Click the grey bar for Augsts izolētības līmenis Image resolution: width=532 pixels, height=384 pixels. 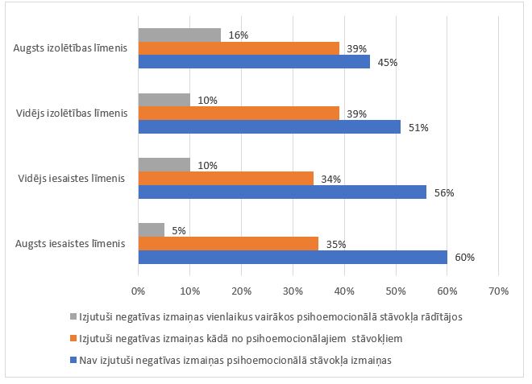coord(179,35)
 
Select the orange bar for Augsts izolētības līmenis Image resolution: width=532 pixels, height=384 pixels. coord(239,48)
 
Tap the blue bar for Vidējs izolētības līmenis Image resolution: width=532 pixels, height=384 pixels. coord(269,126)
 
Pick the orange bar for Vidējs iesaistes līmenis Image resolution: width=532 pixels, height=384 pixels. coord(226,178)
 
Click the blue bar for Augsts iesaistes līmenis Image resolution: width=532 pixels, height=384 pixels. coord(293,257)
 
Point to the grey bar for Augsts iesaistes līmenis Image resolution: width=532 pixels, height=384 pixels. coord(151,229)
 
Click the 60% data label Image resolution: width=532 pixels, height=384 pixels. coord(465,258)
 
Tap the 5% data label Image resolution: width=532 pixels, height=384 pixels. coord(178,230)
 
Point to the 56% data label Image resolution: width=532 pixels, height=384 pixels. coord(445,192)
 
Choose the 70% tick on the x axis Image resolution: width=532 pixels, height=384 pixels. coord(498,290)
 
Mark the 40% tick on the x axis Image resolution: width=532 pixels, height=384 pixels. coord(344,290)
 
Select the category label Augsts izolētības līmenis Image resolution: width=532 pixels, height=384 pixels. coord(70,48)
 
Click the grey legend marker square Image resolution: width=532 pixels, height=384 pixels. coord(73,316)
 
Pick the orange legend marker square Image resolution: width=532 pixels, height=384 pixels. coord(73,337)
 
